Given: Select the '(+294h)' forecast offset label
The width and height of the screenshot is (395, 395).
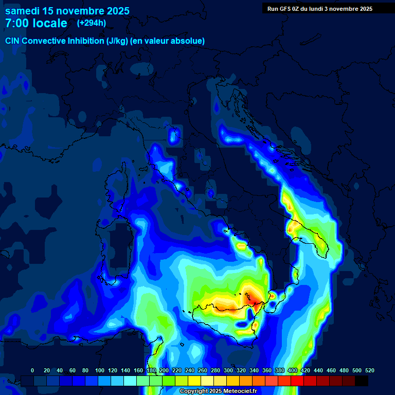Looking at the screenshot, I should pos(91,23).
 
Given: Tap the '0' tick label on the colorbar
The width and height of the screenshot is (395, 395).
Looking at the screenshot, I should pos(32,370).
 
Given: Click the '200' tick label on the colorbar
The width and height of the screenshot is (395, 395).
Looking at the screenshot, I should pos(164,370).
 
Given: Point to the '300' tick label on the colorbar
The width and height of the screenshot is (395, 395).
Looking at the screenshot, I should pos(228,370).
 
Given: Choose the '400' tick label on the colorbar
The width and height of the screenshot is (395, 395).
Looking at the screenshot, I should pos(292,370).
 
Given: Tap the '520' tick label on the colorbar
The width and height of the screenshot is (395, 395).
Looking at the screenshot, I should pos(369,370).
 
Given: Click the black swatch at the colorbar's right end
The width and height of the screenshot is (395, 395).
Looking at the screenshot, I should pos(362,381).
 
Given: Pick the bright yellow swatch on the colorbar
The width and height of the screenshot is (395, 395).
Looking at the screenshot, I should pos(194,381).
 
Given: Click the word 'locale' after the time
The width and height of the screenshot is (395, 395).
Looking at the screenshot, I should pos(50,23).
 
